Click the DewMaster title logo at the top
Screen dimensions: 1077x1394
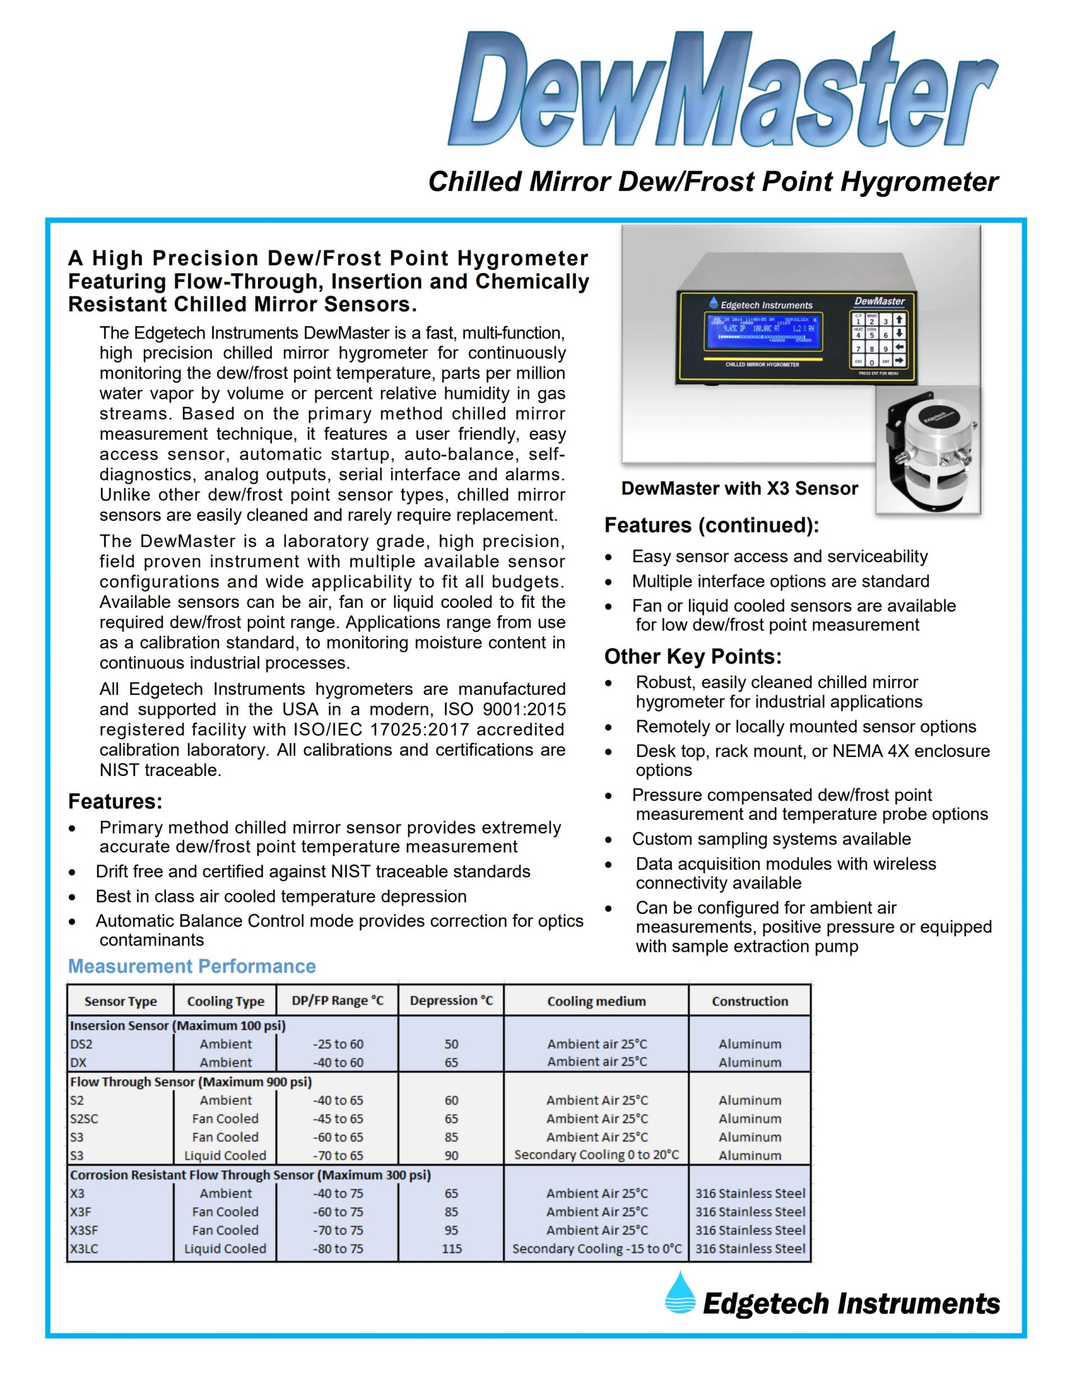coord(724,90)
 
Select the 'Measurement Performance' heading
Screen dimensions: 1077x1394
coord(192,966)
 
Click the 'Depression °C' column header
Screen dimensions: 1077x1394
coord(451,1000)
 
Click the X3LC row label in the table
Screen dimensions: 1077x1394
coord(84,1249)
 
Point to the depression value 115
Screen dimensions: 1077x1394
coord(452,1249)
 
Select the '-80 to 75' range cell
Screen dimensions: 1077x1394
coord(338,1249)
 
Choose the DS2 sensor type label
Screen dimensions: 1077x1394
coord(81,1044)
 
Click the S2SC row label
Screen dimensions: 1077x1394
coord(84,1118)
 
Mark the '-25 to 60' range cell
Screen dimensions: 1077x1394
coord(338,1044)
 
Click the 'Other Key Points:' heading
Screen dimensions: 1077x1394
coord(693,656)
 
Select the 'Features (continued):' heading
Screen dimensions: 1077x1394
coord(711,525)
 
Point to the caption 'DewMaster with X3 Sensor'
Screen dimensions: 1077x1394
coord(739,488)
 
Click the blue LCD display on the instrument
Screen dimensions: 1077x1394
coord(763,331)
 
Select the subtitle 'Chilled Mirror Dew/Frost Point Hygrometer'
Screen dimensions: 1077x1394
coord(714,181)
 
